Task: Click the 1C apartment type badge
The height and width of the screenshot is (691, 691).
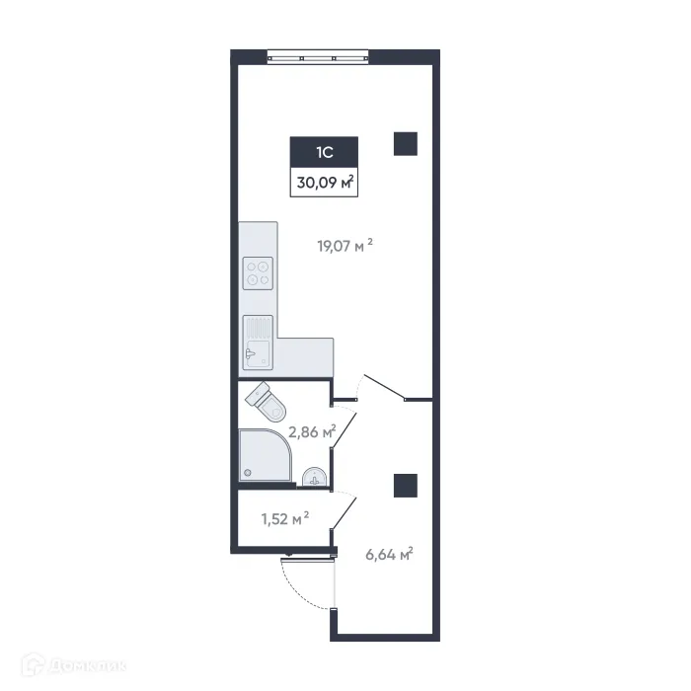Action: (323, 153)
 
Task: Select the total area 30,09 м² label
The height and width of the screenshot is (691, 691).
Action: (323, 182)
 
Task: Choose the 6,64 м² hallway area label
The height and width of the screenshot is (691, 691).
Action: (387, 555)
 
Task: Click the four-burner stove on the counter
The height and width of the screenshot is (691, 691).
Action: (258, 272)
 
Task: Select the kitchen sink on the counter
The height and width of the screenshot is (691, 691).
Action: (258, 339)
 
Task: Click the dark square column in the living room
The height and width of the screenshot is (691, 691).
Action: (404, 144)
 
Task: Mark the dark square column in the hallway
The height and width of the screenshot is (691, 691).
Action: (405, 486)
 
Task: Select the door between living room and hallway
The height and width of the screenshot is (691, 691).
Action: (384, 387)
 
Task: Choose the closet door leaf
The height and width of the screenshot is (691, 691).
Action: (345, 510)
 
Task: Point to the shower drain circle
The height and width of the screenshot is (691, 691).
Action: (248, 473)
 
